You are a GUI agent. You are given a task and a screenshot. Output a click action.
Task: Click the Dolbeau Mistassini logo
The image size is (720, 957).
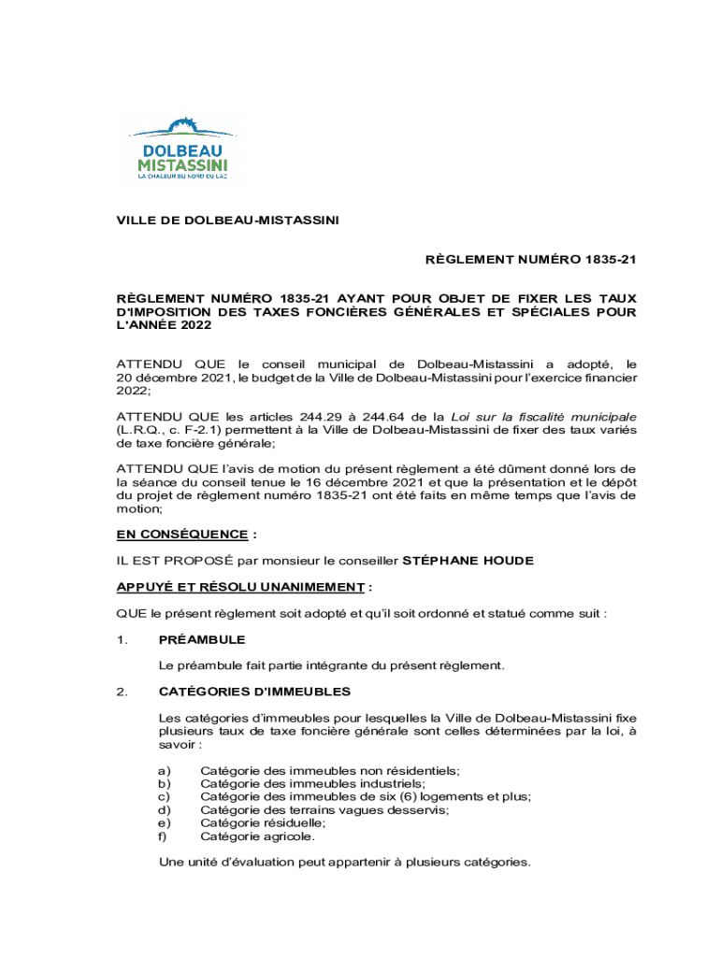[182, 148]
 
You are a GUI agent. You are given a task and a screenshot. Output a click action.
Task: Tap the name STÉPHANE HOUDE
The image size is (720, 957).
[468, 561]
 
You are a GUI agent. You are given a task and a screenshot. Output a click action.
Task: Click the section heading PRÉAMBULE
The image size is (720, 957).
[202, 640]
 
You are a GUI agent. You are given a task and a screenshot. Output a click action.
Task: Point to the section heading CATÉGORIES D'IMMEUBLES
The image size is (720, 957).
[255, 692]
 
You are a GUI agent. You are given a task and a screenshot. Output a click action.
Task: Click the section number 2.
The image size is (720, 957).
[121, 692]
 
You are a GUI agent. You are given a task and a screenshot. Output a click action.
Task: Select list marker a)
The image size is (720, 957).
[165, 770]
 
